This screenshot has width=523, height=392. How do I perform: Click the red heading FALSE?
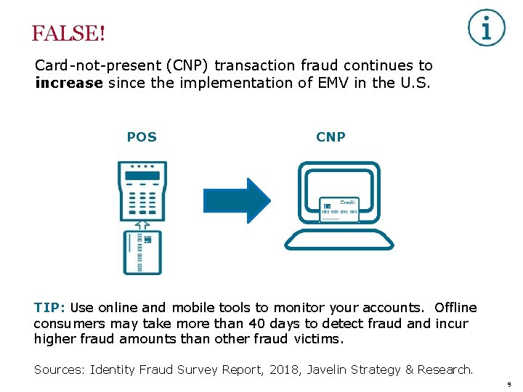pos(68,34)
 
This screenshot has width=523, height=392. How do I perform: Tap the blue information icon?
pos(486,28)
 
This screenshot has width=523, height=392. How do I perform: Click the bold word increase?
pos(69,83)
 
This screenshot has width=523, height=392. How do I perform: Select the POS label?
pos(142,137)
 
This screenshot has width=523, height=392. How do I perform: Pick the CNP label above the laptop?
pos(331,137)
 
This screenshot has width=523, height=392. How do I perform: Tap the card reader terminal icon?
pos(142,190)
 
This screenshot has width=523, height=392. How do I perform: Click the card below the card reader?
pos(142,252)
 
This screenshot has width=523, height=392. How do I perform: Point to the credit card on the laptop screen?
pos(338,209)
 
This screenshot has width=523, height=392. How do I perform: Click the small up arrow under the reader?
pos(142,224)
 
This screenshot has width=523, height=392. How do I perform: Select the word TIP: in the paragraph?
pos(50,308)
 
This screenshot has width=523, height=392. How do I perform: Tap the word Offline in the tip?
pos(455,308)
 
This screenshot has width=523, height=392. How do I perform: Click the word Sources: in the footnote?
pos(60,369)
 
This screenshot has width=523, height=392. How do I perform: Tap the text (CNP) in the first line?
pos(187,66)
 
